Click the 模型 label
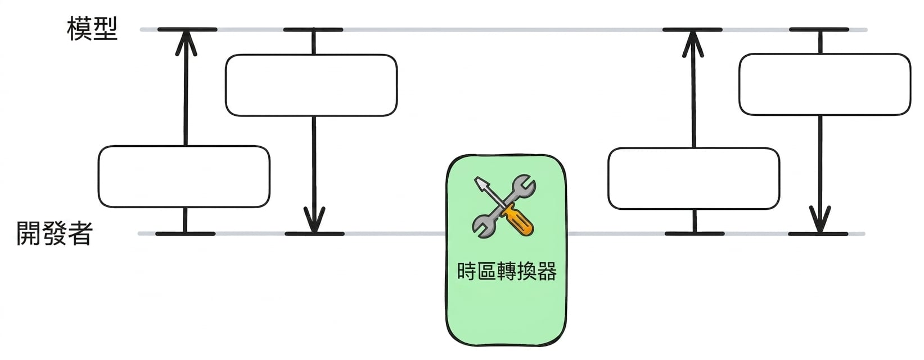92,29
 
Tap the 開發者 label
54,233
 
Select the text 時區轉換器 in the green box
507,271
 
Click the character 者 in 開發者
80,233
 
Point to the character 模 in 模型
79,29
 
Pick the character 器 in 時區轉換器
547,271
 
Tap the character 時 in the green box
467,271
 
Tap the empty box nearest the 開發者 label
184,177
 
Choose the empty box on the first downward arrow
312,85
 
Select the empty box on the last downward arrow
825,84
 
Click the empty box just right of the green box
694,178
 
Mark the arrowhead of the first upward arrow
186,43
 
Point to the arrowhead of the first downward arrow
314,220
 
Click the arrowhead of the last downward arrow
819,220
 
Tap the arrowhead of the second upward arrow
693,43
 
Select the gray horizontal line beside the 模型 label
504,30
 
